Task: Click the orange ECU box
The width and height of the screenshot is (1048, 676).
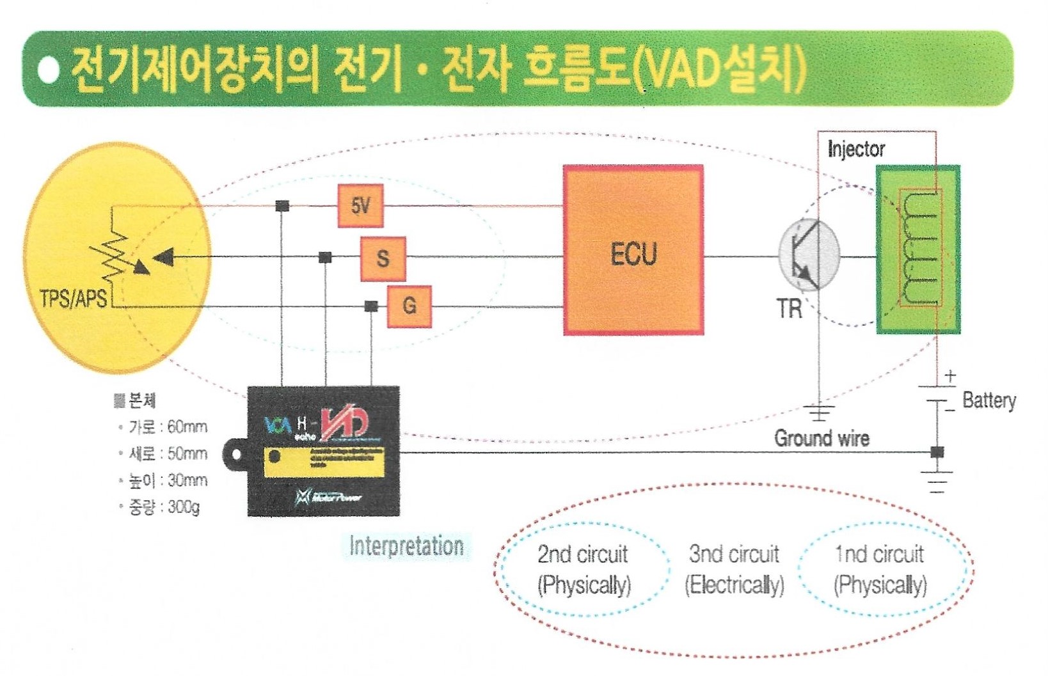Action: [x=633, y=250]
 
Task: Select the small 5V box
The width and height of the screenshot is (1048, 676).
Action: [x=360, y=206]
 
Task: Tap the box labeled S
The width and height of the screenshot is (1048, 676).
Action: [x=383, y=258]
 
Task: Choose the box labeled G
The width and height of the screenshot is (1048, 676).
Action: [x=409, y=306]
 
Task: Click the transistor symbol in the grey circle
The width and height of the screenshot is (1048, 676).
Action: [x=808, y=255]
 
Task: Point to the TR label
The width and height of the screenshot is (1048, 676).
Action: [x=790, y=309]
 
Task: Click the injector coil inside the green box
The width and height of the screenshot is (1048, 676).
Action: [x=921, y=249]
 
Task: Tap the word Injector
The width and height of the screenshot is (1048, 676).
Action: [x=856, y=149]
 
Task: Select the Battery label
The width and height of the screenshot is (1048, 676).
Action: [x=988, y=401]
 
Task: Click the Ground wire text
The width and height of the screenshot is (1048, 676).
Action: [x=822, y=438]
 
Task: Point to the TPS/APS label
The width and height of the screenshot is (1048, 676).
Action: [x=73, y=298]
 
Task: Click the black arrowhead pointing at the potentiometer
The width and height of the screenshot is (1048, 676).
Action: [x=164, y=258]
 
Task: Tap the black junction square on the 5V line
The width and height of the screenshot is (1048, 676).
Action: [x=282, y=206]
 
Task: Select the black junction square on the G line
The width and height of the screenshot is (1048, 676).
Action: [x=371, y=306]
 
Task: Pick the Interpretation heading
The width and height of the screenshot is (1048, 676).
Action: [x=406, y=546]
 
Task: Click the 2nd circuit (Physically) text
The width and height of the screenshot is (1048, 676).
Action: [x=584, y=569]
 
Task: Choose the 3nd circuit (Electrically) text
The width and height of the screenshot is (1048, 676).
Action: [x=734, y=569]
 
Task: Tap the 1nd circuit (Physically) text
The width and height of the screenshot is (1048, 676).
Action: [x=880, y=569]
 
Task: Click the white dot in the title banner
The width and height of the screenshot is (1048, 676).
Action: [x=49, y=70]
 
